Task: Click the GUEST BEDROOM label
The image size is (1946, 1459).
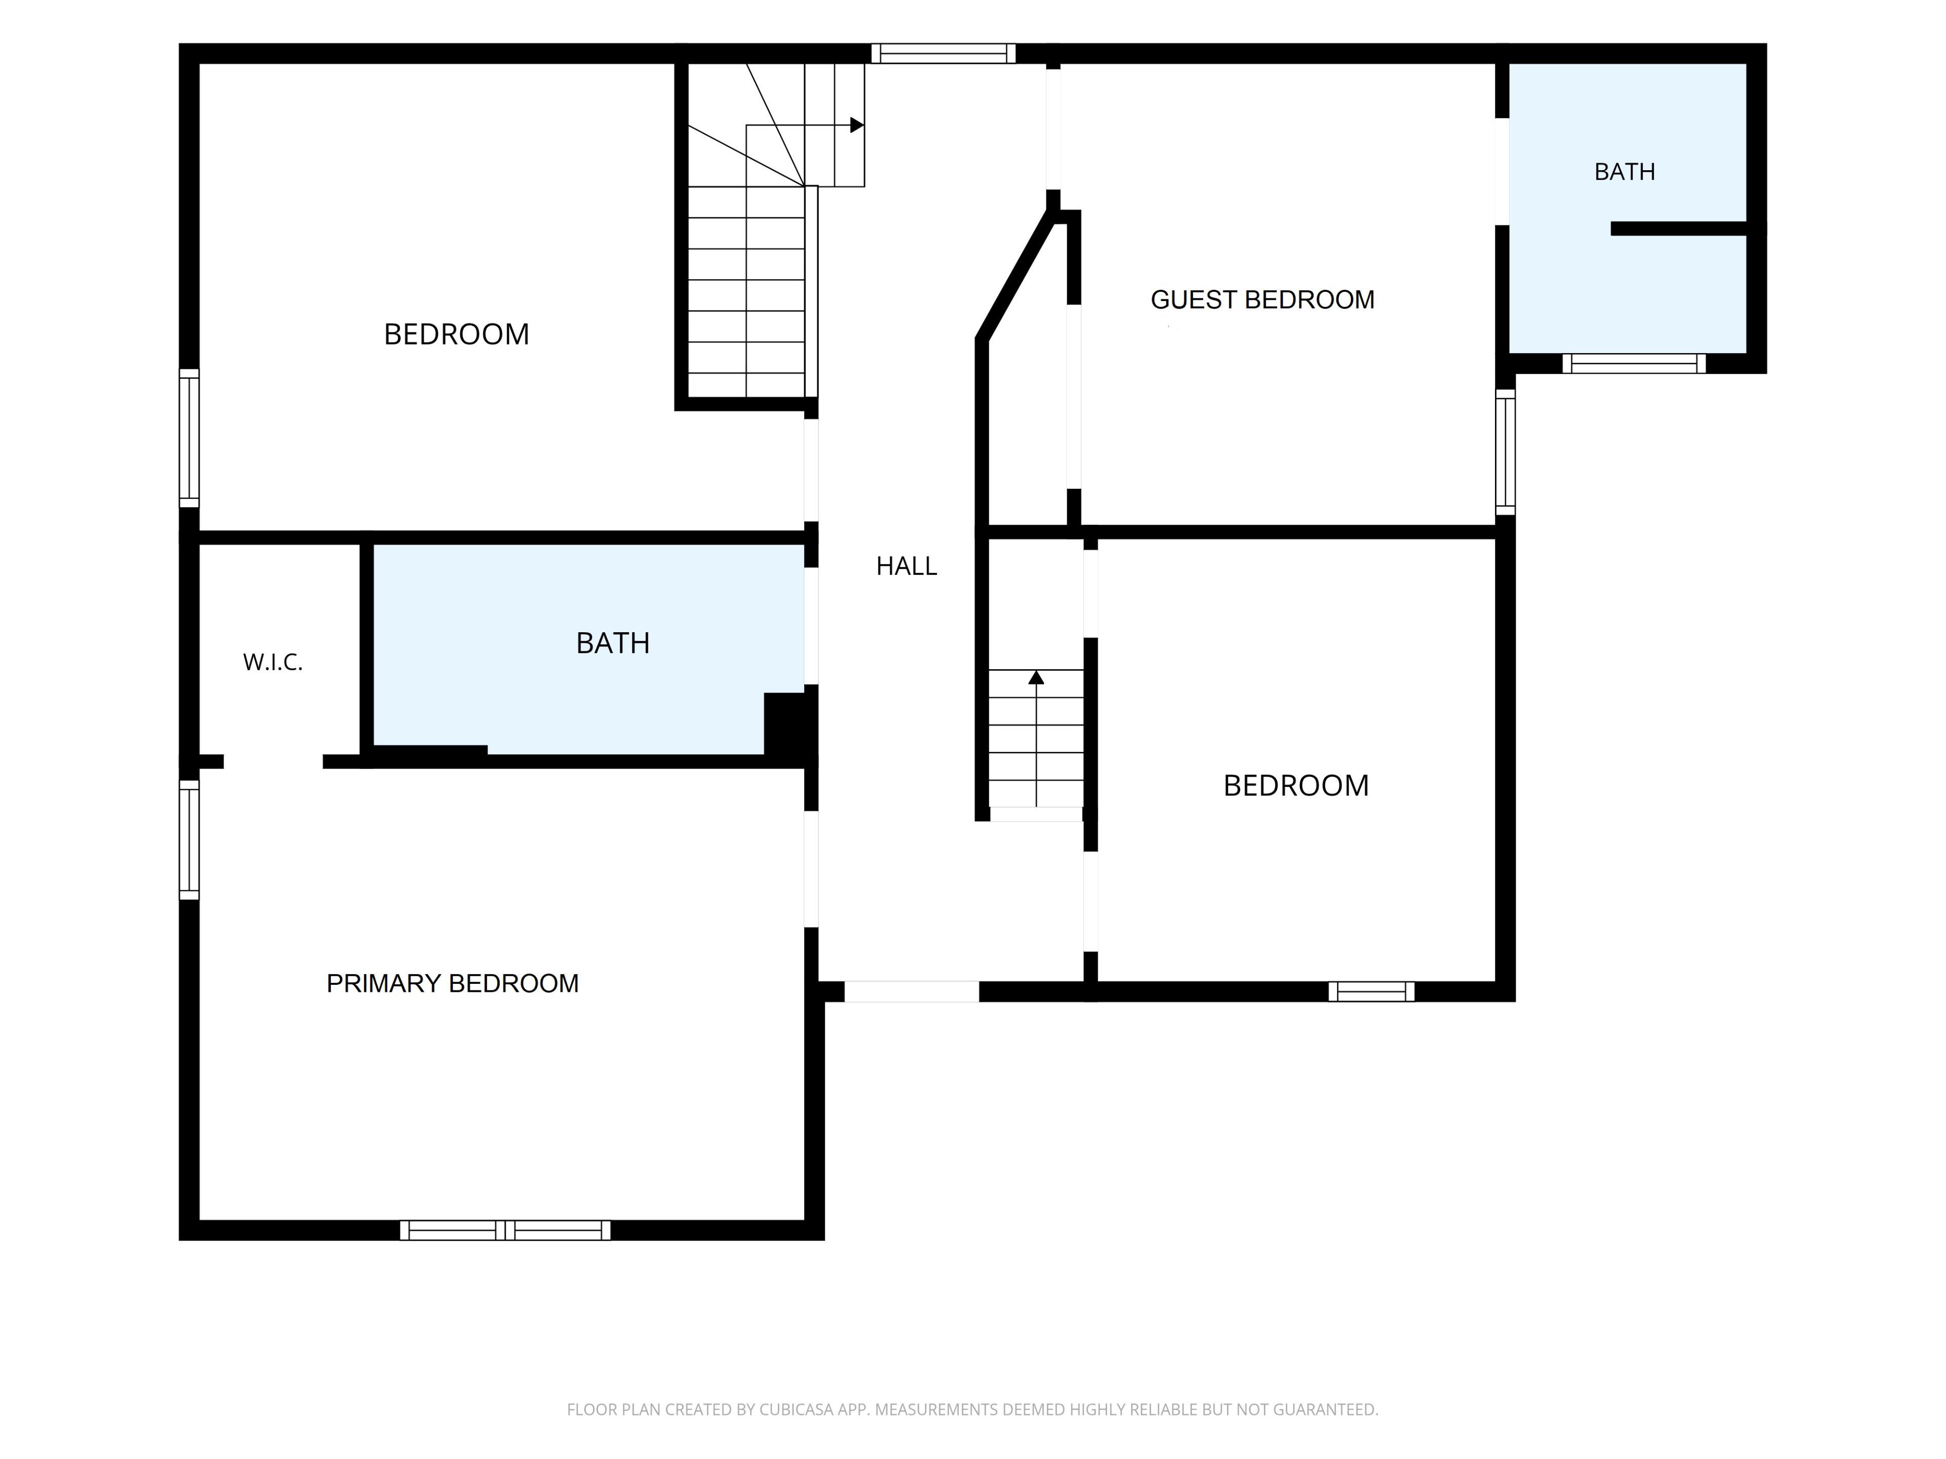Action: click(1262, 300)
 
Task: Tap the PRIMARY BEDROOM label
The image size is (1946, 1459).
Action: click(452, 983)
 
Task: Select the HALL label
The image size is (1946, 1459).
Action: click(906, 566)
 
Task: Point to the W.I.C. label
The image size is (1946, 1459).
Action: click(273, 662)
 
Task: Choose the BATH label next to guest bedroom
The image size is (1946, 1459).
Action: click(1625, 172)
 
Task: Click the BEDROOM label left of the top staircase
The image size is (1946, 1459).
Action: click(457, 334)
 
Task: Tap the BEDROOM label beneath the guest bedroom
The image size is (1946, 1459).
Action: click(1296, 785)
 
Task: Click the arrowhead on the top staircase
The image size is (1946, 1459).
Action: click(857, 125)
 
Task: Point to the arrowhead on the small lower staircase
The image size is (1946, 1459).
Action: click(1036, 677)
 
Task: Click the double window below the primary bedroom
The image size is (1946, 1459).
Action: click(505, 1231)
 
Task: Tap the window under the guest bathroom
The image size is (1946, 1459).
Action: click(1634, 363)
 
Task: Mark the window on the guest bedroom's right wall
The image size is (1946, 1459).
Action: click(1505, 452)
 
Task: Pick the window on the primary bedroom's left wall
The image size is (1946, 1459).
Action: click(189, 840)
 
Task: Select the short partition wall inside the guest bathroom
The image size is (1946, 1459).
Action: click(1678, 228)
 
